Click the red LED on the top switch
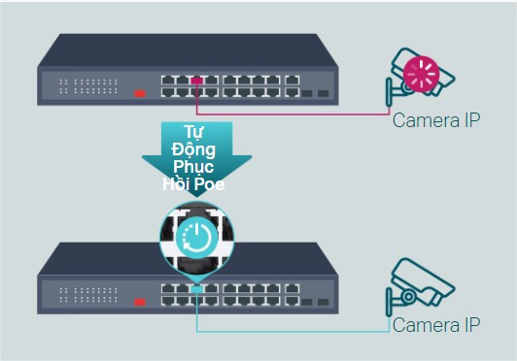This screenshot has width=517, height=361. click(139, 94)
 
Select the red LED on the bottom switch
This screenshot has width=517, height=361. click(139, 301)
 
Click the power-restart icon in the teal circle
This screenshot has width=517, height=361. click(198, 237)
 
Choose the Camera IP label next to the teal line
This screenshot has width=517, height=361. click(436, 326)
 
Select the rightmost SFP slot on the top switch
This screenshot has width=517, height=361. click(324, 94)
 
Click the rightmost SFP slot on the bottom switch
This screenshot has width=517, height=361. click(324, 302)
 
